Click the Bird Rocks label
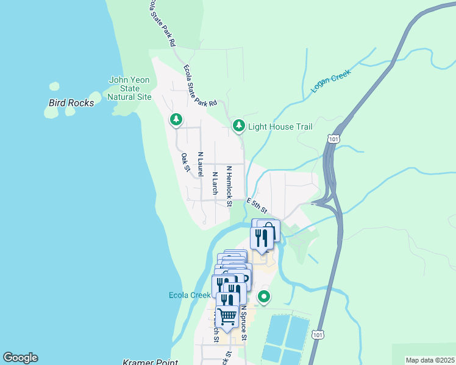coord(71,103)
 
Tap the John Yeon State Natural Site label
coord(129,88)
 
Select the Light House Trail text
coord(280,127)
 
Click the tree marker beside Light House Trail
coord(238,125)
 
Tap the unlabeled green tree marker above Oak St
coord(176,119)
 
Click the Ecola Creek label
coord(190,296)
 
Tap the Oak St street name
coord(186,162)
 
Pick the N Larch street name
coord(215,183)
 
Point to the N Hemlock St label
coord(229,186)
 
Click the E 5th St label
coord(257,206)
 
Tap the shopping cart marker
coord(227,316)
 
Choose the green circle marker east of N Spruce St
coord(264,297)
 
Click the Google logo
coord(20,358)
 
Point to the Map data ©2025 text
coord(430,360)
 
